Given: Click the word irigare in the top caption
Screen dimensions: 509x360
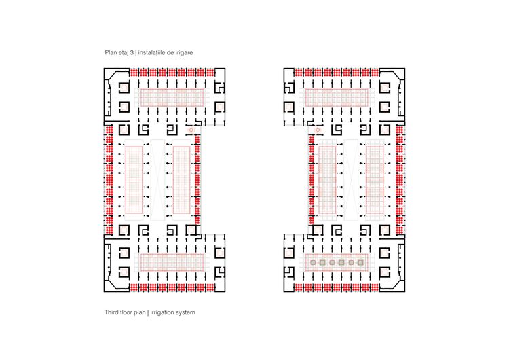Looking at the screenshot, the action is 184,52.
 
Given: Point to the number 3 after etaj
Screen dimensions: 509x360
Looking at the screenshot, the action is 132,52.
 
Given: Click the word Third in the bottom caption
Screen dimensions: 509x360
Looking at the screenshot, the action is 111,312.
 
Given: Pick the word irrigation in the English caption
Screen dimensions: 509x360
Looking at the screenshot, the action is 162,312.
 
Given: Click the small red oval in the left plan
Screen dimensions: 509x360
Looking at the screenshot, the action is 191,130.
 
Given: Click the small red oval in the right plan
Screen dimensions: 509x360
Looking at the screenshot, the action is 318,130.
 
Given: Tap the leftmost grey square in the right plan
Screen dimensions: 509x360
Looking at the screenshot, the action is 313,262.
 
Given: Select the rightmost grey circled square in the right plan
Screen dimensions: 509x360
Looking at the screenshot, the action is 360,262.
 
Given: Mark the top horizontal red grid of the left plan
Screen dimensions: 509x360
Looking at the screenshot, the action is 172,97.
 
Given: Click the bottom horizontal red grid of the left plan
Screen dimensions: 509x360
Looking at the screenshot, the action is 172,262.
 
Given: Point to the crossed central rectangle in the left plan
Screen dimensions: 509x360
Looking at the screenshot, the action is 157,180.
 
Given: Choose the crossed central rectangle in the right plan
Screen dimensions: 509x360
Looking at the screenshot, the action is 351,180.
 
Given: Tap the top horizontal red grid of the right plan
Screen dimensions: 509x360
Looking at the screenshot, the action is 337,97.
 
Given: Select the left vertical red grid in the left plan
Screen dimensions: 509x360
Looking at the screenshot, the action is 134,180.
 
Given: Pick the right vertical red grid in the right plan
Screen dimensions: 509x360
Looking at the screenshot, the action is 375,180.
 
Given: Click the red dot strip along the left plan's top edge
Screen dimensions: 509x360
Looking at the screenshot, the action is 172,73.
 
